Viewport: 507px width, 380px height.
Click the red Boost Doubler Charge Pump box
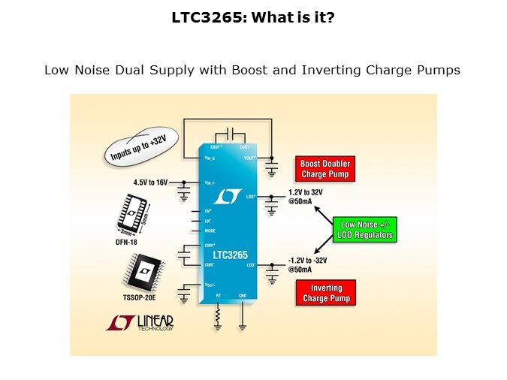click(x=325, y=169)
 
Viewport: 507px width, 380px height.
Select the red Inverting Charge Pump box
click(x=326, y=294)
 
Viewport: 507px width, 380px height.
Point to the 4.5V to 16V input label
click(x=150, y=182)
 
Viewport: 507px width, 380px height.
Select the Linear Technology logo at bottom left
click(x=140, y=323)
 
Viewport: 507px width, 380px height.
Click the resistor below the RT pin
click(x=218, y=319)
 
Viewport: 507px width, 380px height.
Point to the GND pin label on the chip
click(x=242, y=295)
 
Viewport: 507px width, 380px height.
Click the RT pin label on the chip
click(x=218, y=295)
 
